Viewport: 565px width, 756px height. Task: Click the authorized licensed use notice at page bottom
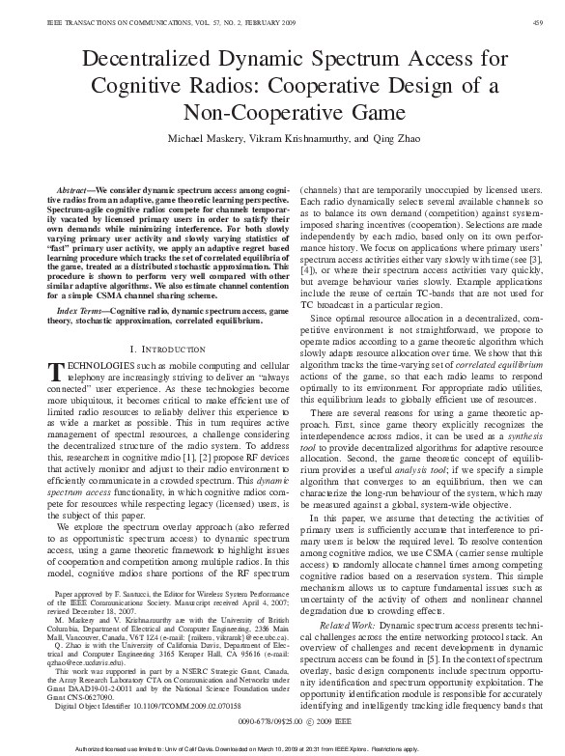click(282, 749)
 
